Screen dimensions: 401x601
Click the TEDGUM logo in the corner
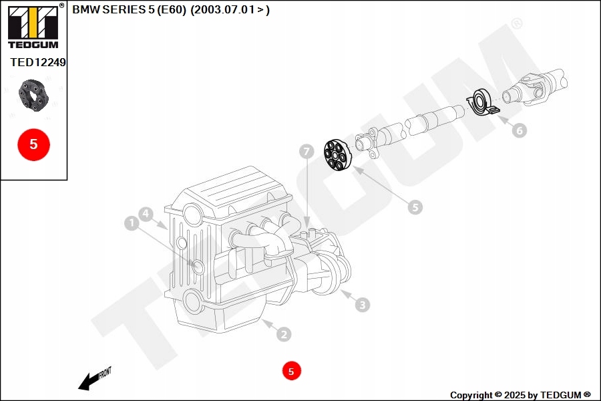tap(33, 27)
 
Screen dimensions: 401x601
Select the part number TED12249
tap(37, 62)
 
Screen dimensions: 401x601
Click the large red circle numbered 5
tap(33, 144)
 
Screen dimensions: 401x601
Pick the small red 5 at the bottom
tap(291, 370)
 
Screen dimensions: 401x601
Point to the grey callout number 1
tap(132, 223)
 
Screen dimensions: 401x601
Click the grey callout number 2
tap(283, 334)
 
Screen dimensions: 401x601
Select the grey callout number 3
tap(361, 305)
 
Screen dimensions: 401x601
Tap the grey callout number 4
tap(147, 214)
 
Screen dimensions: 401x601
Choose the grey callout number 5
tap(415, 207)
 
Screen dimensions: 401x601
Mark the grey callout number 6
tap(519, 130)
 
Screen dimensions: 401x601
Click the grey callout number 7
tap(306, 152)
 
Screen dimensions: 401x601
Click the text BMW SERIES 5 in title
tap(112, 10)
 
